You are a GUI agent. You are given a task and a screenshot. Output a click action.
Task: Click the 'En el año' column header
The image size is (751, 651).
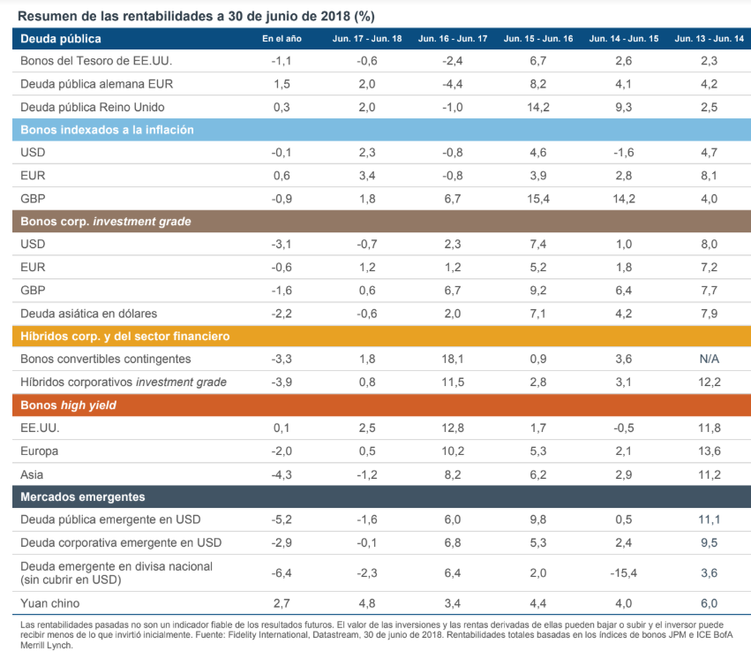point(282,39)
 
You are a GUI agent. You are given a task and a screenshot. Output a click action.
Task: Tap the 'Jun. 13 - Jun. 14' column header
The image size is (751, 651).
point(709,39)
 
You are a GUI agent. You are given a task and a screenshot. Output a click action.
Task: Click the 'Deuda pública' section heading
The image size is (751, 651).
point(61,39)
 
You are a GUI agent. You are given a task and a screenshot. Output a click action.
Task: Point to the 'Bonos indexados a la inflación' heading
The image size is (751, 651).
point(107,130)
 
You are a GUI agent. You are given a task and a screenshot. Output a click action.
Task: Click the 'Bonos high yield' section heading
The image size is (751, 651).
point(68,405)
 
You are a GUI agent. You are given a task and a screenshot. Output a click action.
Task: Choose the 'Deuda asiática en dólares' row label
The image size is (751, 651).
point(88,313)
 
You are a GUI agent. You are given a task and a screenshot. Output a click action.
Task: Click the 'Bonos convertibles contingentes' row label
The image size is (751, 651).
point(105,359)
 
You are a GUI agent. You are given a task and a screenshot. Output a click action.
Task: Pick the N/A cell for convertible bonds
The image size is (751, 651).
point(709,359)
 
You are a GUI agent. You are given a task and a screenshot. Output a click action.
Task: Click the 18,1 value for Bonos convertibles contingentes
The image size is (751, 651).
point(453,359)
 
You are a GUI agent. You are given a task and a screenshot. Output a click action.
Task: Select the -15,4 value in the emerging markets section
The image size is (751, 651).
point(623,572)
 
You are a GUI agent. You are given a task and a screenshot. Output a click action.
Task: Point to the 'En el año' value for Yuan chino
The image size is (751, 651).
point(282,603)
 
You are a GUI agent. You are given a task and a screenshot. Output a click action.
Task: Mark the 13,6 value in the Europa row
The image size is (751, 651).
point(709,450)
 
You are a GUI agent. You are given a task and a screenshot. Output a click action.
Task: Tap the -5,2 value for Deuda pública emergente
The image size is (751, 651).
point(282,519)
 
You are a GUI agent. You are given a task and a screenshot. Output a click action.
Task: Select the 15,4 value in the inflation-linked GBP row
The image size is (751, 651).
point(537,199)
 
